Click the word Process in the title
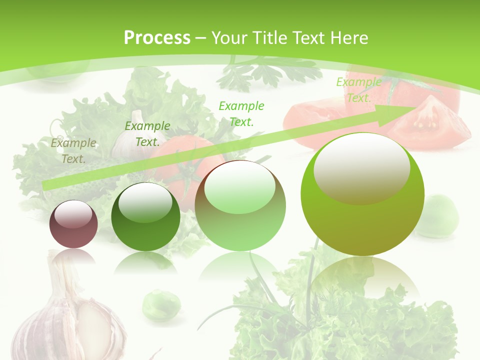click(157, 38)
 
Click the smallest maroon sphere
click(73, 224)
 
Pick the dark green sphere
click(145, 217)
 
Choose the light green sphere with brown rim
click(240, 206)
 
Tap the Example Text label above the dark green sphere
click(147, 134)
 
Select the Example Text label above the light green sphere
click(241, 113)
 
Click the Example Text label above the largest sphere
click(358, 90)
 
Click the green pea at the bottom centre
click(161, 304)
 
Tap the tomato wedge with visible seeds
click(428, 122)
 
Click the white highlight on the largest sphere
click(361, 167)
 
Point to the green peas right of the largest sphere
click(439, 215)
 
